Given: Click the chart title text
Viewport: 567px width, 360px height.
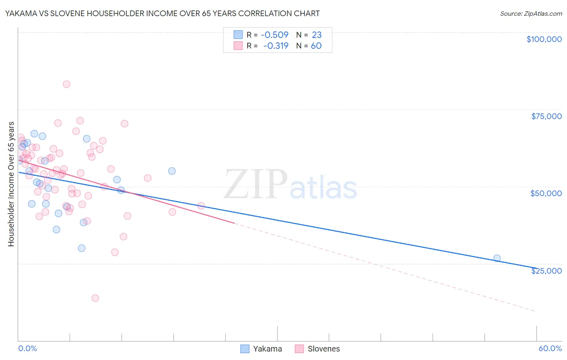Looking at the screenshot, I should click(x=163, y=13).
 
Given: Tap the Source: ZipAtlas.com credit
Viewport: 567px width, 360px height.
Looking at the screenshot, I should click(x=531, y=14).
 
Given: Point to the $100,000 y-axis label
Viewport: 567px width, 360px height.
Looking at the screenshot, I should click(x=544, y=39).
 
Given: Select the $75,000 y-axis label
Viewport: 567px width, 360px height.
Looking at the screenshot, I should click(x=546, y=116).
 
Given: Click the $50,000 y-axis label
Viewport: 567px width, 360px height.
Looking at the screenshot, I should click(x=546, y=193).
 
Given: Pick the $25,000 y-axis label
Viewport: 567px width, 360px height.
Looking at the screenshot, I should click(x=546, y=271).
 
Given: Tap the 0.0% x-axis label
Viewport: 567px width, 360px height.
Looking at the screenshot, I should click(x=27, y=348).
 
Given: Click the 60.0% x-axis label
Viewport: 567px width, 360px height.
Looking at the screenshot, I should click(x=550, y=348).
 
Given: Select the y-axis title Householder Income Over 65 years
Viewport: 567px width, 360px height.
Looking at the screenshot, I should click(x=11, y=184).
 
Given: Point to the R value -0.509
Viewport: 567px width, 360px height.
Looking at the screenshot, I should click(x=275, y=35).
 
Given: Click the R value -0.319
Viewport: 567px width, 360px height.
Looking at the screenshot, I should click(x=276, y=46).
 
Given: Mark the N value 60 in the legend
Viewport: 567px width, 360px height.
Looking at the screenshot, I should click(x=316, y=46).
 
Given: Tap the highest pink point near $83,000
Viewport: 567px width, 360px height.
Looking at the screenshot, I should click(x=67, y=84).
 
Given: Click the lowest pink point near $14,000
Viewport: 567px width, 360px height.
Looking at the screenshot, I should click(x=95, y=298).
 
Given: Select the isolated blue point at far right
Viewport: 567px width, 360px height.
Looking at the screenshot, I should click(x=497, y=258).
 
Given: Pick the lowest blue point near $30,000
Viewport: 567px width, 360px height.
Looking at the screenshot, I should click(x=81, y=248).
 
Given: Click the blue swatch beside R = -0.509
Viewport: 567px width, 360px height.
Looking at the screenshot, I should click(x=238, y=35).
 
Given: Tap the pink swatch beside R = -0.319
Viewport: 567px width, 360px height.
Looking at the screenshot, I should click(x=238, y=46).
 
